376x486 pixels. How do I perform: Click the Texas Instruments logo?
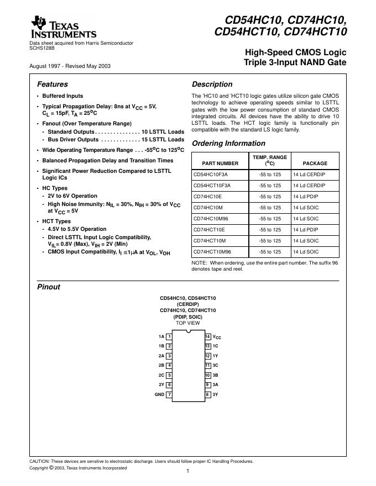[64, 27]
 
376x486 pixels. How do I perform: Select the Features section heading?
[53, 85]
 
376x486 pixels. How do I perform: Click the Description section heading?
[212, 85]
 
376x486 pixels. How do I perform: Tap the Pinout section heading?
[48, 287]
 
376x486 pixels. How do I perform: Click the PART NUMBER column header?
[220, 163]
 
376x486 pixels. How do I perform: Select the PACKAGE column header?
[315, 163]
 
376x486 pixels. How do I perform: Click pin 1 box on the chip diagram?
[169, 336]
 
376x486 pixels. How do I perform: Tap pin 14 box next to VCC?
[207, 336]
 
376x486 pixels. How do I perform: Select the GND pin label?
[159, 395]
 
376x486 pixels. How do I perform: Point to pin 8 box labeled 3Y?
[207, 395]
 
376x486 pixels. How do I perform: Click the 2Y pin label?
[161, 385]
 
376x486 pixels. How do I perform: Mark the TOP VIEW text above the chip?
[188, 323]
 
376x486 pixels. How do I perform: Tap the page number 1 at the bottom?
[188, 471]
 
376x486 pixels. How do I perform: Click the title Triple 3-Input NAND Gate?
[295, 63]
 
